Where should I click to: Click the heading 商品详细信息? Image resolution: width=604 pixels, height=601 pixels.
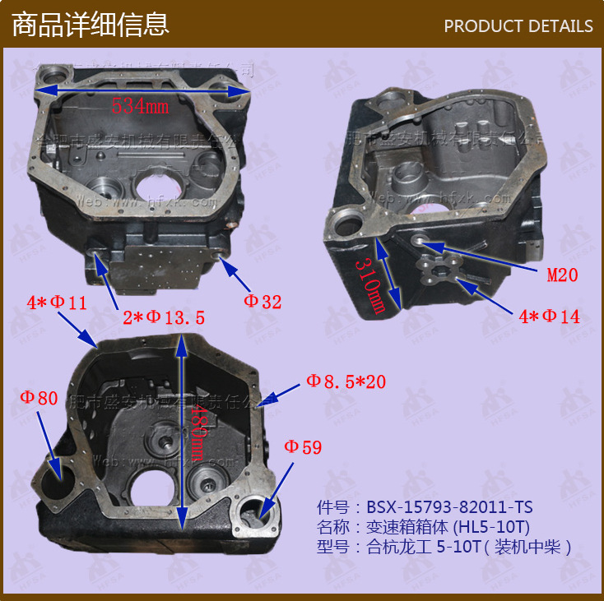pos(91,25)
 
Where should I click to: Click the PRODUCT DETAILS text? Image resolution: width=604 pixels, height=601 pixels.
pos(518,26)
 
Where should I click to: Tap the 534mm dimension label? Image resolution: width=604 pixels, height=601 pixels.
pos(140,105)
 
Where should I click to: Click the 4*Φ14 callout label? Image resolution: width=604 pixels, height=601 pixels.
pos(549,317)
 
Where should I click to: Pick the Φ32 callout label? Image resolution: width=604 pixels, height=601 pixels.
pos(262,302)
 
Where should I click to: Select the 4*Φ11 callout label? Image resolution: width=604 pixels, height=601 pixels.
pos(57,303)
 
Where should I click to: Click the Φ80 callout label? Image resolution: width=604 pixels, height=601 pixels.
pos(39,399)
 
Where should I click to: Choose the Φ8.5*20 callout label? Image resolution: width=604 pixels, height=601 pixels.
pos(346,381)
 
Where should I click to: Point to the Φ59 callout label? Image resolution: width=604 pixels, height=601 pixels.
pos(303,447)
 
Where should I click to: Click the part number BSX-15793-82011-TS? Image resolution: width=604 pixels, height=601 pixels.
pos(431,507)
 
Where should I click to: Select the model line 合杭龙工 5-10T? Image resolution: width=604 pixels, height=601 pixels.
pos(444,547)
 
